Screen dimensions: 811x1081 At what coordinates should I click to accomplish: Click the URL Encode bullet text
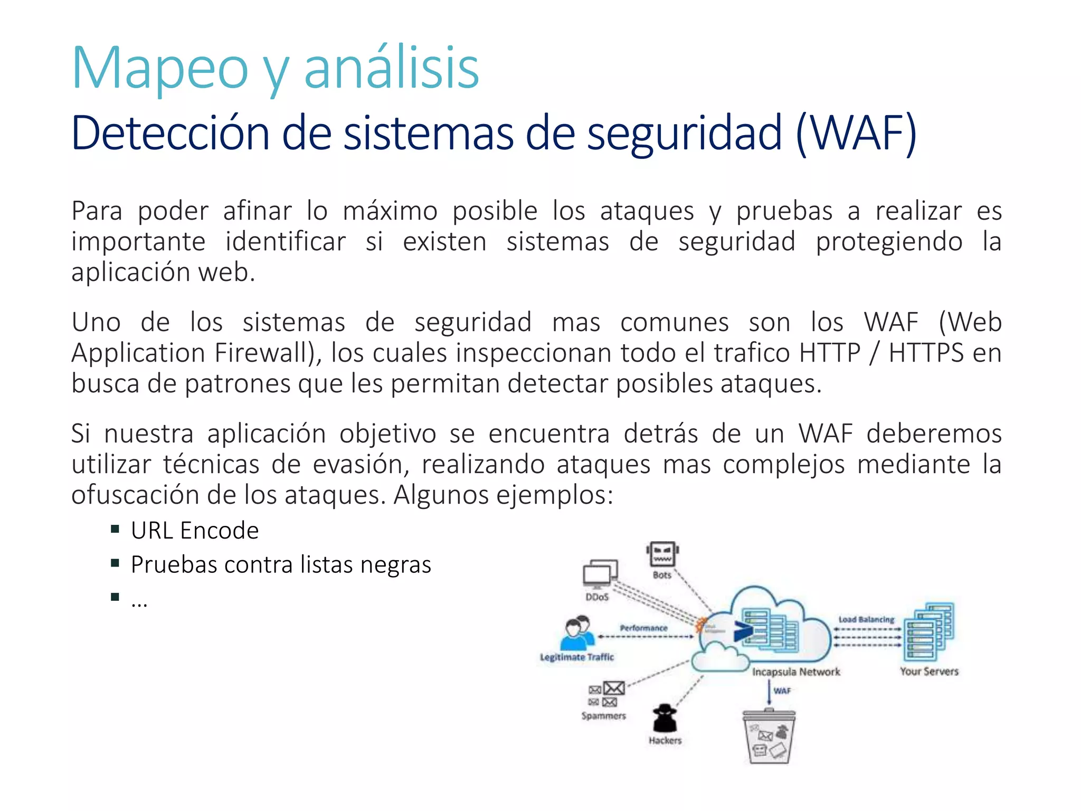click(x=195, y=531)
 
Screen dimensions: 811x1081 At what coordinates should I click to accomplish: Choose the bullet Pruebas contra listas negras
click(x=281, y=564)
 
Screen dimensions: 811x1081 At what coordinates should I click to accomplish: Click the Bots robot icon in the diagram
click(x=662, y=554)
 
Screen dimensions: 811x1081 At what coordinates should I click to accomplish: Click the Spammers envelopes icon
click(x=606, y=694)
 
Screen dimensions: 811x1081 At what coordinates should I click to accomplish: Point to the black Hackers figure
click(x=665, y=719)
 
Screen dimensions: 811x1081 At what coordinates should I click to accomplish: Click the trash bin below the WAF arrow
click(x=769, y=736)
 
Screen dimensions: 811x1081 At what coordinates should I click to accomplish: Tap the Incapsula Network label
click(x=795, y=672)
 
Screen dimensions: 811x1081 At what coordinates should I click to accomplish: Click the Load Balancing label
click(x=866, y=619)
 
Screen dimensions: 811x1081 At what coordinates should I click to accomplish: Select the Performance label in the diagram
click(x=643, y=628)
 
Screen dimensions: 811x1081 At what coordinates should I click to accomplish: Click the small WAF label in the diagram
click(x=782, y=691)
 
